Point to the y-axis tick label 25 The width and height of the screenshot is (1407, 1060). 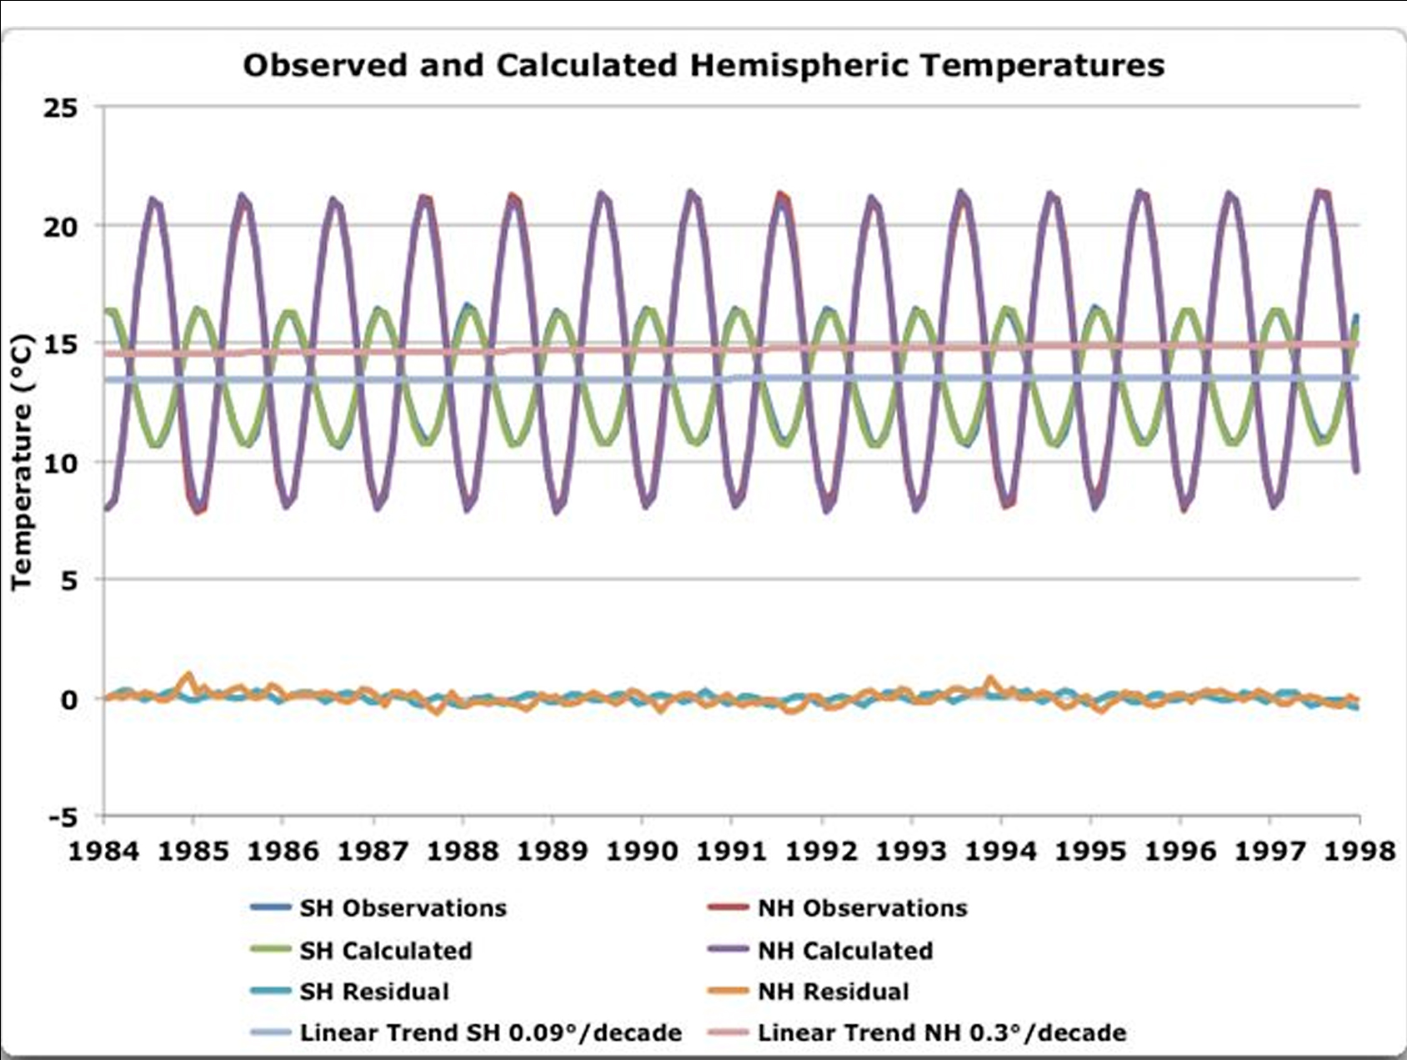[x=60, y=108]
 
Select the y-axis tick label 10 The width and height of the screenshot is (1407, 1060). [x=60, y=463]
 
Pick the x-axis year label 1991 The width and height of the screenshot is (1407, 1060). [x=731, y=851]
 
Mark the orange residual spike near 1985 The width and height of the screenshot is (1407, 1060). [x=189, y=676]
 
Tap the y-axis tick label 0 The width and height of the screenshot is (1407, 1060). [x=68, y=699]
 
